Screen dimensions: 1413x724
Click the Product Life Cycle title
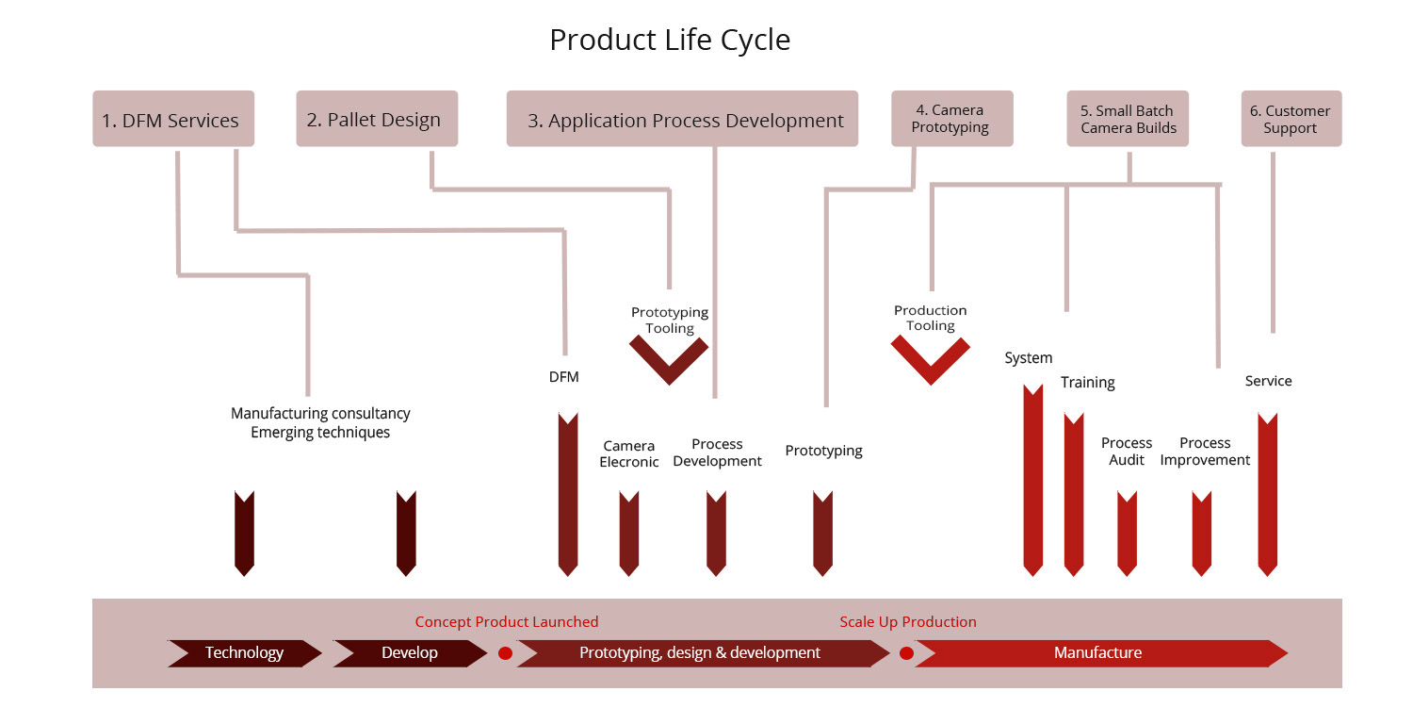pos(669,41)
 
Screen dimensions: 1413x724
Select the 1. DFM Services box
pos(173,119)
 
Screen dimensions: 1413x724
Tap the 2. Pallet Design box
pos(377,119)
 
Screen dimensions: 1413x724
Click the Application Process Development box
pos(682,119)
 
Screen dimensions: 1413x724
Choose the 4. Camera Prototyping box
pos(951,119)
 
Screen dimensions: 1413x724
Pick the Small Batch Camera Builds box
pos(1128,119)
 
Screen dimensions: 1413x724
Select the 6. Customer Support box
pos(1291,119)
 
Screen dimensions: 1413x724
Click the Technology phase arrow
pos(245,653)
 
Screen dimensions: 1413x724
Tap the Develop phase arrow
pos(410,653)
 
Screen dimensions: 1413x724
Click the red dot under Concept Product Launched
pos(505,653)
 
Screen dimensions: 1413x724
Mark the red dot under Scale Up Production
pos(906,653)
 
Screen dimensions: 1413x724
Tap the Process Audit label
pos(1127,452)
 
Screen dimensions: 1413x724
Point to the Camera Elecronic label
pos(629,453)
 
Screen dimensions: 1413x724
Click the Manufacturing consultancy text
pos(320,414)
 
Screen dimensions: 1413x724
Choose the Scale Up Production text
pos(908,622)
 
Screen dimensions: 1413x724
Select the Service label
pos(1269,381)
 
